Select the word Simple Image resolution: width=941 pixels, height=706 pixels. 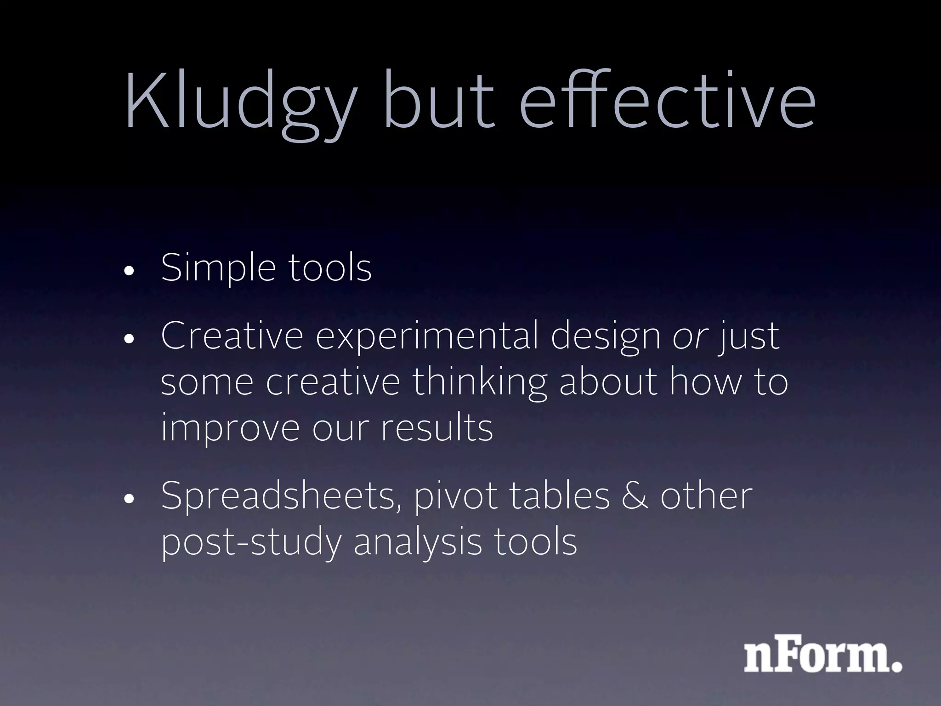coord(219,269)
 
